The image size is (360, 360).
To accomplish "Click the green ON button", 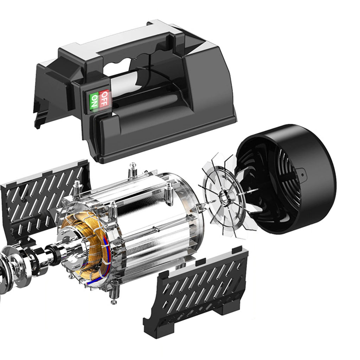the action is tap(94, 101).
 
